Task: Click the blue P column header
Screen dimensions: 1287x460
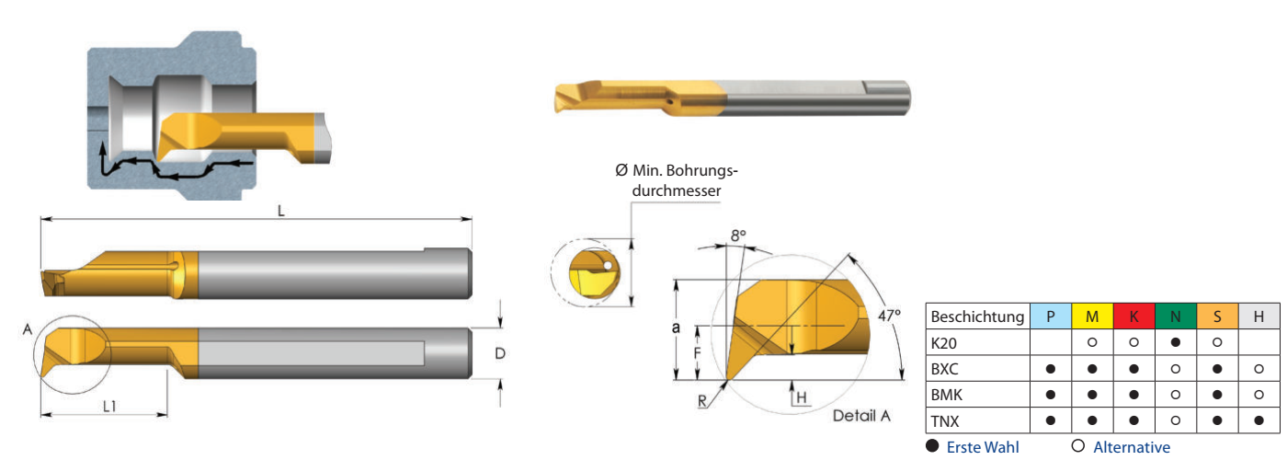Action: click(x=1050, y=316)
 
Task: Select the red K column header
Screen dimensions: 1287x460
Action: click(x=1133, y=316)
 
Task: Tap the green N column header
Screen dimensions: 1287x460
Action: click(x=1176, y=316)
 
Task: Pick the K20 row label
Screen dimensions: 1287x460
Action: click(x=943, y=343)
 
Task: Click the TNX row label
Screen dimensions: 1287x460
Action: click(x=945, y=421)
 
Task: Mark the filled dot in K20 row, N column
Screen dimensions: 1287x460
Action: click(x=1176, y=342)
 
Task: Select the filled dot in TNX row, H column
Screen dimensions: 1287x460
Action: click(x=1259, y=420)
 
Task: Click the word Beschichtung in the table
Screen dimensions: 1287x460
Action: click(x=977, y=316)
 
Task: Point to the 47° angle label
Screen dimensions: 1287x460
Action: click(x=889, y=315)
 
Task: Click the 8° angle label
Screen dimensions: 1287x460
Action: click(x=738, y=236)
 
